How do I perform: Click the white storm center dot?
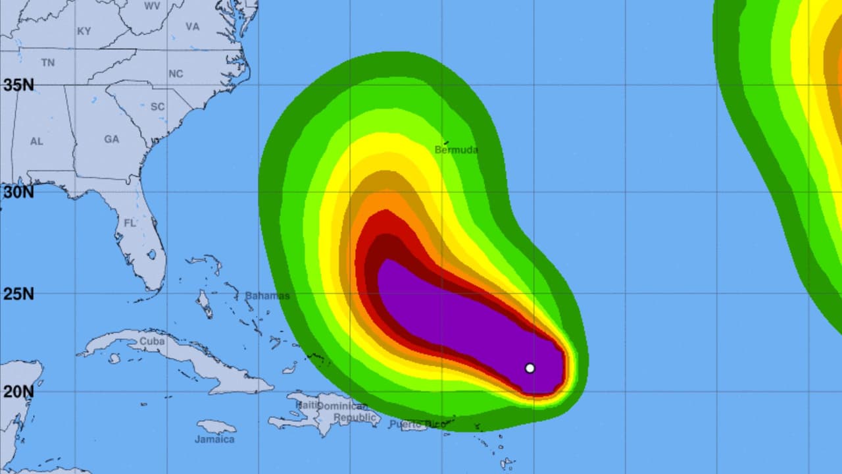pyautogui.click(x=530, y=368)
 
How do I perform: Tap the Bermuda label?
pyautogui.click(x=457, y=150)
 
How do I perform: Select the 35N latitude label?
pyautogui.click(x=18, y=85)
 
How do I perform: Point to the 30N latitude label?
pyautogui.click(x=18, y=192)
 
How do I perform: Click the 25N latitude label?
pyautogui.click(x=18, y=294)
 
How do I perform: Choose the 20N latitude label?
pyautogui.click(x=18, y=392)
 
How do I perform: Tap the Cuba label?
pyautogui.click(x=153, y=342)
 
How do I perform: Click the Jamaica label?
pyautogui.click(x=214, y=439)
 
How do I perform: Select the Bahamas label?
pyautogui.click(x=267, y=296)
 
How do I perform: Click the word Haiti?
pyautogui.click(x=307, y=405)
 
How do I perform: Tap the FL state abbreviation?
pyautogui.click(x=130, y=223)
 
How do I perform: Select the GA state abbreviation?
pyautogui.click(x=111, y=140)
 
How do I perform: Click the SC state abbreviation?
pyautogui.click(x=157, y=107)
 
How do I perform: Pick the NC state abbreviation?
pyautogui.click(x=176, y=74)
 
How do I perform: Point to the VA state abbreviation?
pyautogui.click(x=192, y=27)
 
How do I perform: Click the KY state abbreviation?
pyautogui.click(x=84, y=31)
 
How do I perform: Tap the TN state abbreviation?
pyautogui.click(x=48, y=63)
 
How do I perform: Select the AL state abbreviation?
pyautogui.click(x=36, y=142)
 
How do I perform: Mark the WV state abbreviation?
pyautogui.click(x=152, y=5)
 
